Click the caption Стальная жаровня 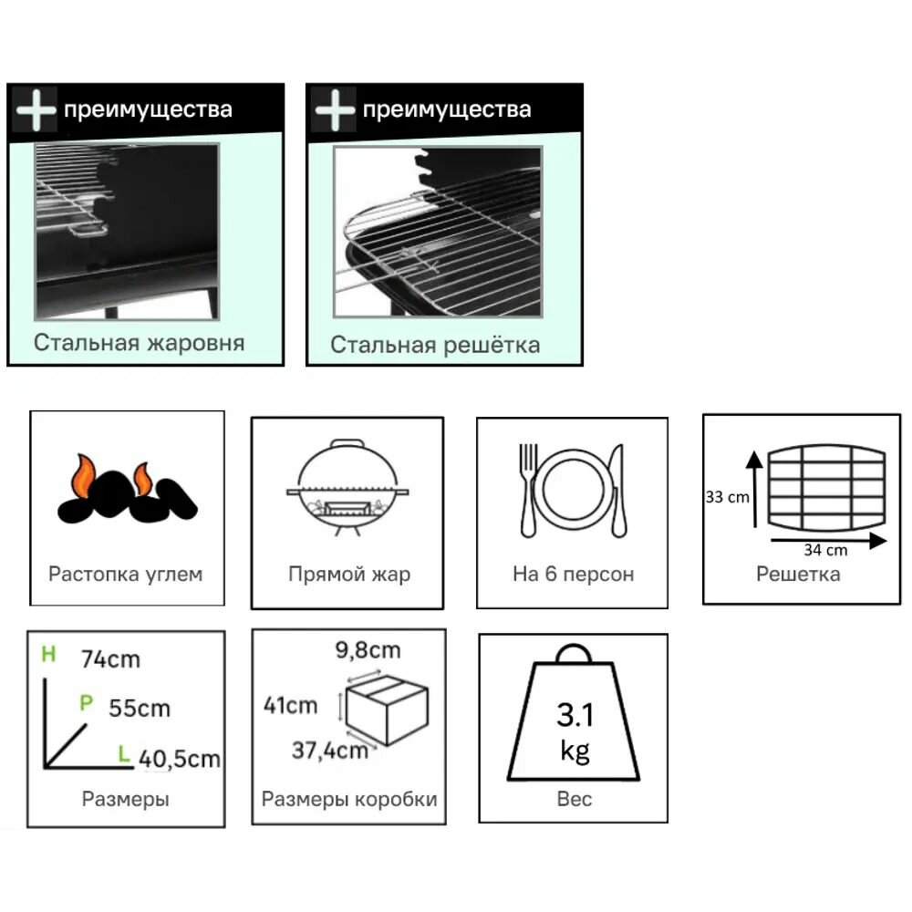click(140, 343)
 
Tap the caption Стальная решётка click(435, 345)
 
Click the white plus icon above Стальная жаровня click(36, 110)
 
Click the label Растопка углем click(126, 575)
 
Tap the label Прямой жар click(349, 575)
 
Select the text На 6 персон click(573, 575)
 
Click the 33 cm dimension click(727, 498)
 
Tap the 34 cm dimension click(826, 549)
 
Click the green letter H click(48, 654)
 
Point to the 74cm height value click(110, 658)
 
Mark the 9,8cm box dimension click(368, 650)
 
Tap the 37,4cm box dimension click(330, 751)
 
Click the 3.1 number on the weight click(575, 714)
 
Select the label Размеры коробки click(349, 800)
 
